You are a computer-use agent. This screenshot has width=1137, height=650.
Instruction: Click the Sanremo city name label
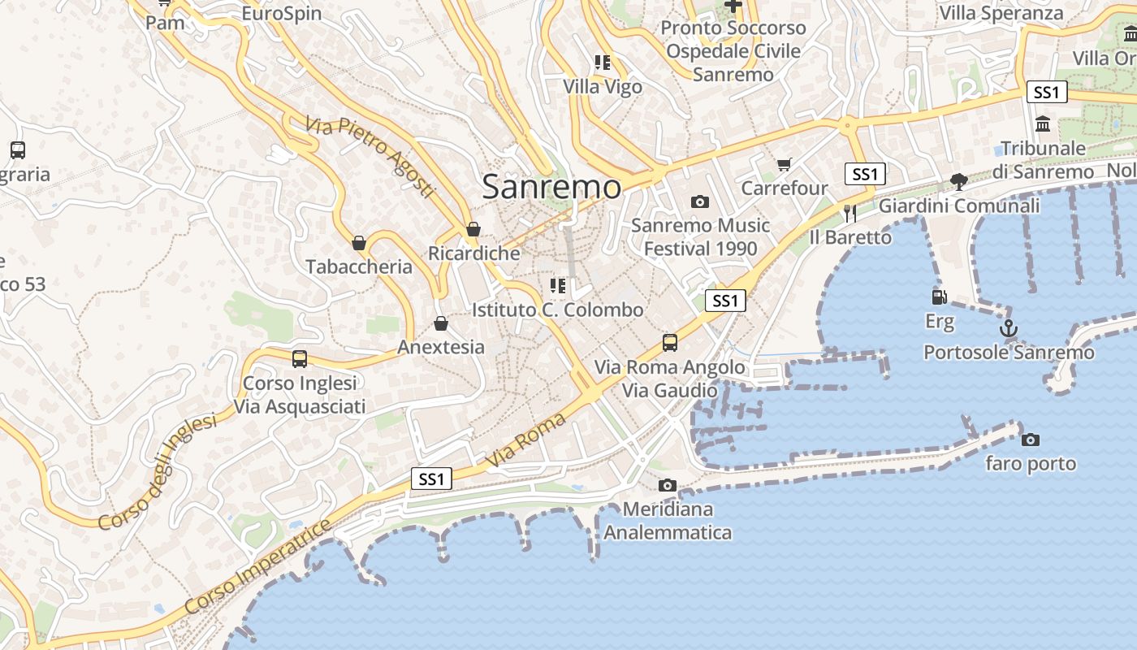tap(551, 187)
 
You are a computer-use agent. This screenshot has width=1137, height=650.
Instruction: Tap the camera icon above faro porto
tap(1030, 440)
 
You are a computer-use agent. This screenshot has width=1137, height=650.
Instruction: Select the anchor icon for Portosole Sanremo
tap(1008, 328)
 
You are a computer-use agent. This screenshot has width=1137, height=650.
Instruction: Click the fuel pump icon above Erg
tap(940, 298)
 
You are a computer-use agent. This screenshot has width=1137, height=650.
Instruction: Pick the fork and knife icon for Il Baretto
tap(850, 214)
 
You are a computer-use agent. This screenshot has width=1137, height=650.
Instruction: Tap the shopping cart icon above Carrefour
tap(784, 165)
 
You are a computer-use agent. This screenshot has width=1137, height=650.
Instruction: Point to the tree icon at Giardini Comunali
tap(959, 181)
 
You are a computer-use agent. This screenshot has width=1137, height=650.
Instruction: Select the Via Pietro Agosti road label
tap(370, 158)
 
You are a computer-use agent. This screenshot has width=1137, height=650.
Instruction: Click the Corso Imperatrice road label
tap(258, 566)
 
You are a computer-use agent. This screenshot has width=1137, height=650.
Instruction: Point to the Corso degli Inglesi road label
tap(158, 472)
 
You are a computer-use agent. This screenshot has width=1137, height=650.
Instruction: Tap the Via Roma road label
tap(525, 440)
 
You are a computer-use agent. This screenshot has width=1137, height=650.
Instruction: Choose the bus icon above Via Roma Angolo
tap(669, 343)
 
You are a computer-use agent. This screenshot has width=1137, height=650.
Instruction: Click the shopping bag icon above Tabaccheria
tap(359, 243)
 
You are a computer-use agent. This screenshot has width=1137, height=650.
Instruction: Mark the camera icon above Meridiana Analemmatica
tap(667, 485)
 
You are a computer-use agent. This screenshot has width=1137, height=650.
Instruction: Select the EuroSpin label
tap(282, 14)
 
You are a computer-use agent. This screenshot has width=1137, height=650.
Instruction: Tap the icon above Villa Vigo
tap(603, 63)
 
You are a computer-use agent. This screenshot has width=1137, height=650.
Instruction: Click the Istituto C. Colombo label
tap(557, 310)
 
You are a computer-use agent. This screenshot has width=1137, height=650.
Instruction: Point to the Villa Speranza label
tap(1001, 13)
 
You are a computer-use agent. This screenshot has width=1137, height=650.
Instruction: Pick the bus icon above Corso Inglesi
tap(300, 358)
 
